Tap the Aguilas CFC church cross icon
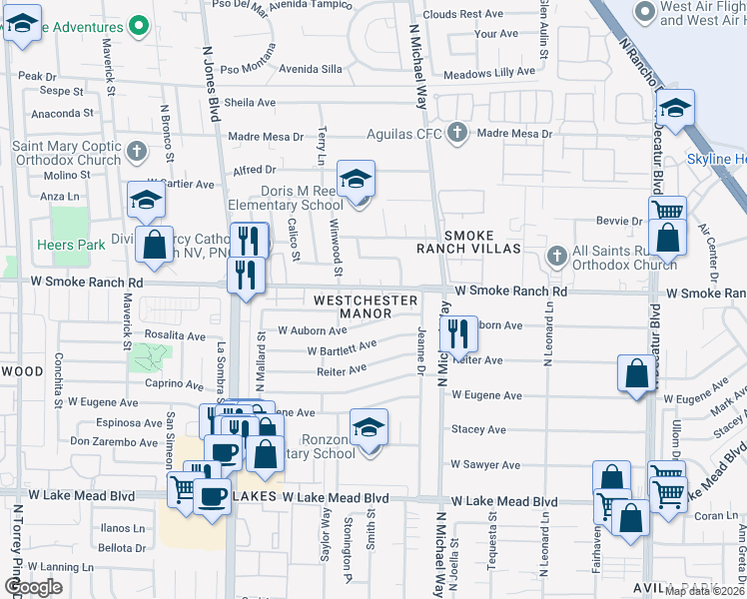[457, 132]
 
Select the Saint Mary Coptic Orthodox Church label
[66, 152]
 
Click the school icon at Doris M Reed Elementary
[356, 180]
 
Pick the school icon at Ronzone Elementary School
[369, 428]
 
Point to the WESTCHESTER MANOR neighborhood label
[353, 306]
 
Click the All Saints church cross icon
[558, 256]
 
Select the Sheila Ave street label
[250, 103]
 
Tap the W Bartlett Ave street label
[342, 349]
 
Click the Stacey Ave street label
[478, 429]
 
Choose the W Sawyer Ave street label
[485, 464]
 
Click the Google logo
[33, 587]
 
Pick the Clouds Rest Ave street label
[463, 15]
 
